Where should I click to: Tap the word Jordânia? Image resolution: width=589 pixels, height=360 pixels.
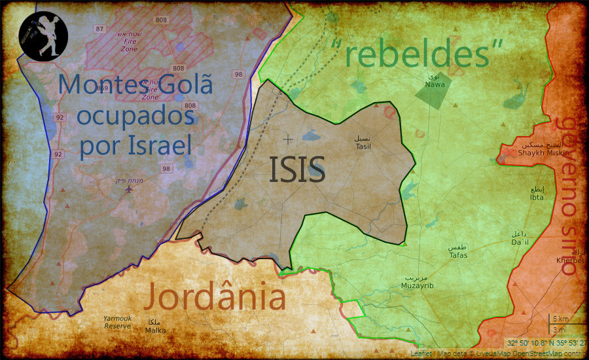[x=215, y=297]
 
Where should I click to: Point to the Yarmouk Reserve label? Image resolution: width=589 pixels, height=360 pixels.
[x=118, y=322]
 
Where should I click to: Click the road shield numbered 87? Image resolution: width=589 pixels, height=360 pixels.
[x=99, y=29]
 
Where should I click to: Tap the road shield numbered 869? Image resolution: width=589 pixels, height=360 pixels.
[x=101, y=87]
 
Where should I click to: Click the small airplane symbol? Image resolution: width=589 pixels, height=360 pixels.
[x=128, y=190]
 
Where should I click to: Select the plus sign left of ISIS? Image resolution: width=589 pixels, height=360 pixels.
[x=287, y=139]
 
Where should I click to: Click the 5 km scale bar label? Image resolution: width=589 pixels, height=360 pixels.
[x=560, y=319]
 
